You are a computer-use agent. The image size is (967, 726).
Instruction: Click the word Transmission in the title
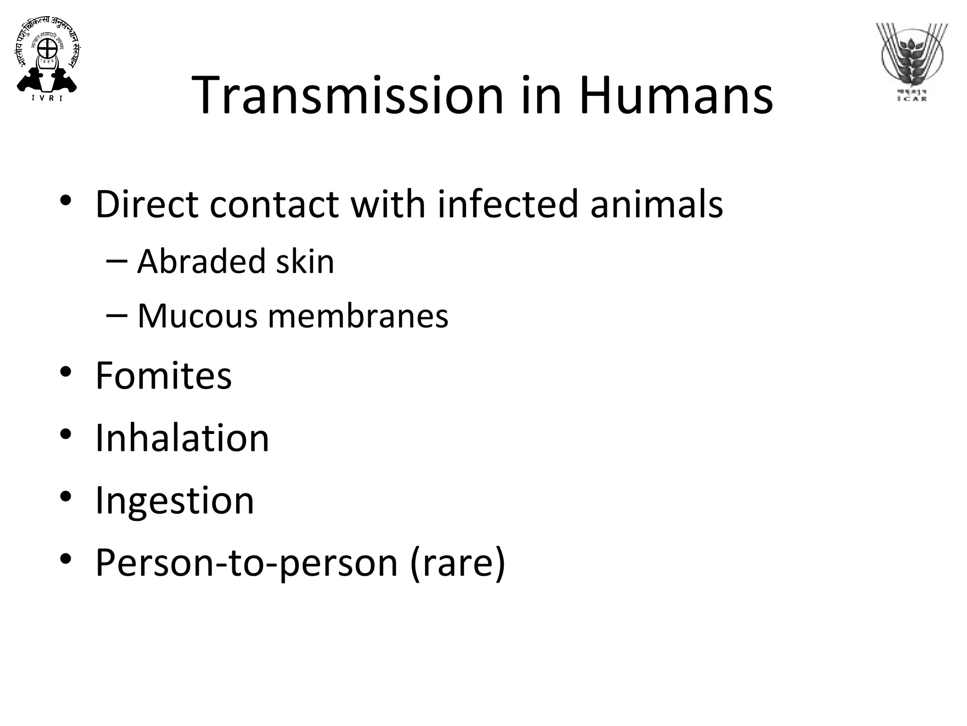(348, 95)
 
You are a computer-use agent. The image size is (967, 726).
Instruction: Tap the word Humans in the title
(676, 95)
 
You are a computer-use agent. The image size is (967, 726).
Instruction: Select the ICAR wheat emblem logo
(912, 61)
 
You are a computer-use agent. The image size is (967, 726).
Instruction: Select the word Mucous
(197, 316)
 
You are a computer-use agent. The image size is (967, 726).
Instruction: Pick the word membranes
(358, 316)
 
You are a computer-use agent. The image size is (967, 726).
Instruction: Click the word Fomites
(163, 375)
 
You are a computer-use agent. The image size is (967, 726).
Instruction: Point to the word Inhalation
(182, 438)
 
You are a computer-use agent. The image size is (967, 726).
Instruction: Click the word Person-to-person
(246, 562)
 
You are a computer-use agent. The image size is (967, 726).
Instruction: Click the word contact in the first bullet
(274, 204)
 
